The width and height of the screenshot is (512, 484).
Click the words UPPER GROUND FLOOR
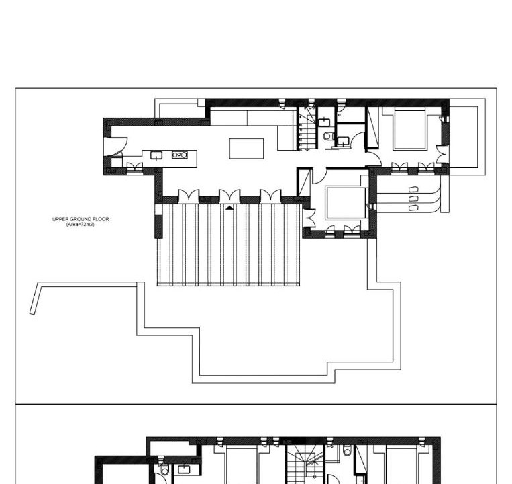[x=81, y=219]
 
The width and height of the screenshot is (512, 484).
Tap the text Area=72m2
[x=81, y=225]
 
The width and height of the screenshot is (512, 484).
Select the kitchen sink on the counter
[x=156, y=155]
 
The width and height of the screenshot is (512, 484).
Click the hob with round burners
[x=180, y=155]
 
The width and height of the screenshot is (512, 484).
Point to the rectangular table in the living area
[x=246, y=149]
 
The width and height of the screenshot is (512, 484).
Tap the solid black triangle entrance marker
[x=229, y=207]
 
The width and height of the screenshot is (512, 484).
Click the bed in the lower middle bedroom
[x=346, y=203]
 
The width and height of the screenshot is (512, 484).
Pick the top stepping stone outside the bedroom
[x=413, y=190]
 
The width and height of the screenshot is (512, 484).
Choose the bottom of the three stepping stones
[x=413, y=208]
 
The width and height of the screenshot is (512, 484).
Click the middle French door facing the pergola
[x=229, y=196]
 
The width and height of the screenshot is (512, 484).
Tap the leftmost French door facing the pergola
[x=189, y=196]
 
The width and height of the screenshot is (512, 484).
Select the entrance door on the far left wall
[x=115, y=146]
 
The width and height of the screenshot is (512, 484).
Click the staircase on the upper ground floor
[x=307, y=128]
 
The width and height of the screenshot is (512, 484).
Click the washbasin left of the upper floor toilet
[x=323, y=122]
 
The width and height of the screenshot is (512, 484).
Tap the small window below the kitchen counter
[x=134, y=167]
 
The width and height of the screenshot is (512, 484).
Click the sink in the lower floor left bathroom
[x=183, y=469]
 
